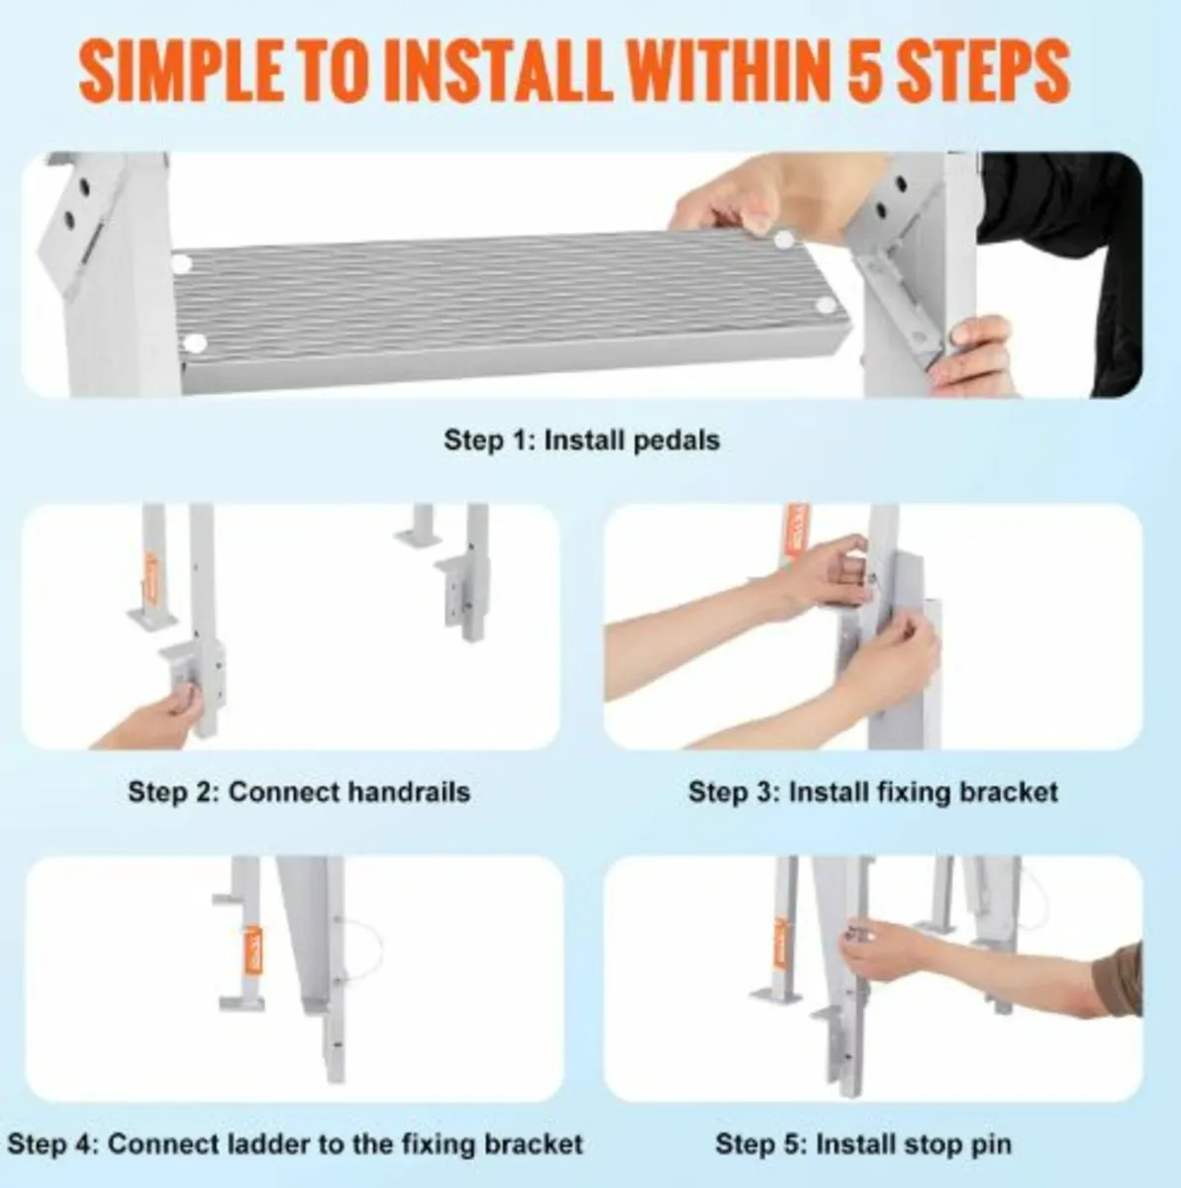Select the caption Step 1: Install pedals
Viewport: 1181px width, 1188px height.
click(x=581, y=440)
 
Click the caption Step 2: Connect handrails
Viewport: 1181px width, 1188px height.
click(x=298, y=792)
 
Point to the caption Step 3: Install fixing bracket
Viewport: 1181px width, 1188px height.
click(x=872, y=792)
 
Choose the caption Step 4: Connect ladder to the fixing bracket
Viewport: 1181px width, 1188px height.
click(x=294, y=1144)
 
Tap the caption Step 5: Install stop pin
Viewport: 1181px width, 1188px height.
click(x=863, y=1144)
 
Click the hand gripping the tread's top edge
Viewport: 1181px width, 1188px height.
click(x=728, y=203)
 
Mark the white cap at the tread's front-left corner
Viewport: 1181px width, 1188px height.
click(x=195, y=344)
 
